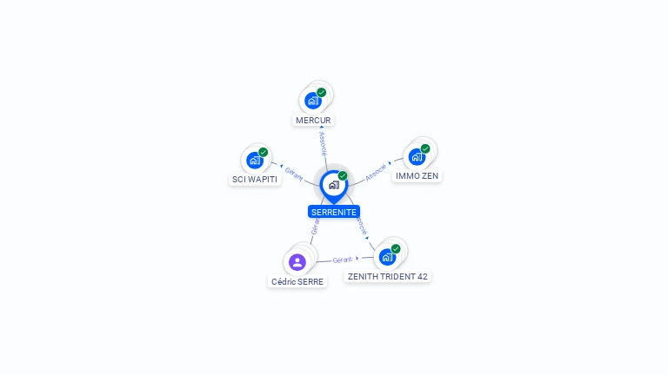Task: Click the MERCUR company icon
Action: click(313, 100)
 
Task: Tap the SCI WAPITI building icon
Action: click(255, 160)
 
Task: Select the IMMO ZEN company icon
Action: click(417, 156)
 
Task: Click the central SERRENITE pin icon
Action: click(333, 185)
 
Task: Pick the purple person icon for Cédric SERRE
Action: click(297, 261)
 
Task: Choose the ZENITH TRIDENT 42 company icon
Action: click(387, 256)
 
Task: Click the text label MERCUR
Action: click(313, 120)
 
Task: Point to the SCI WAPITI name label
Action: click(255, 180)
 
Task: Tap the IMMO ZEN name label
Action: click(417, 175)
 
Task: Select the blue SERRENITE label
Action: click(334, 212)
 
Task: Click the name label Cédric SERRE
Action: click(297, 281)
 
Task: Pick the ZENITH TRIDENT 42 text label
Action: click(387, 276)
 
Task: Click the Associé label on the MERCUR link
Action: click(323, 144)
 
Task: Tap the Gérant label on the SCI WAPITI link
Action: click(294, 173)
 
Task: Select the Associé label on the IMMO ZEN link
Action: click(376, 171)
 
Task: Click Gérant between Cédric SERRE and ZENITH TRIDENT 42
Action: click(342, 260)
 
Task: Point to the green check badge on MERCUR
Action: click(322, 92)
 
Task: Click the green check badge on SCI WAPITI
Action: click(264, 152)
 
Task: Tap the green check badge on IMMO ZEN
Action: click(425, 148)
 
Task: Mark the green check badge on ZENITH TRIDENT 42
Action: click(396, 248)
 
